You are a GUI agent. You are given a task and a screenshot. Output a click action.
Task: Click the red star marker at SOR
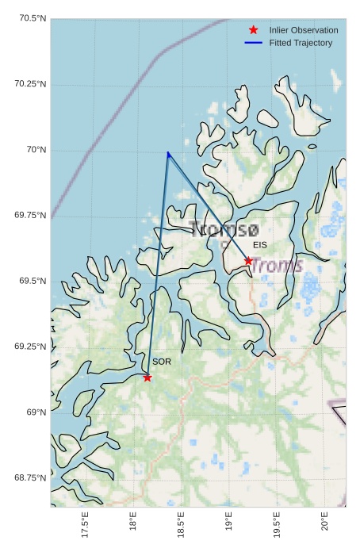(147, 378)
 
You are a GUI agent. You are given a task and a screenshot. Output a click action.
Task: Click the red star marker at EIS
(248, 261)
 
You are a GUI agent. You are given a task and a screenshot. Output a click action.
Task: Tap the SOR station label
(162, 362)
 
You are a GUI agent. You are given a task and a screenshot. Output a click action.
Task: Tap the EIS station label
(260, 246)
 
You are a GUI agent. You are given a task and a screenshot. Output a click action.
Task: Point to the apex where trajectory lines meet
(168, 153)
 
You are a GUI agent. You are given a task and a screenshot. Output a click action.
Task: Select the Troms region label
(277, 265)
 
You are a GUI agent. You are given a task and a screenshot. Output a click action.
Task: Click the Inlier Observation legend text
(304, 30)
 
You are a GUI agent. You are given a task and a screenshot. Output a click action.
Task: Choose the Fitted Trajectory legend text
(301, 43)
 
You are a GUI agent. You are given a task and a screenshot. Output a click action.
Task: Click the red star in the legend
(254, 30)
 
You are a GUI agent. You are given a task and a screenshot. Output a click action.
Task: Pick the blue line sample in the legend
(254, 43)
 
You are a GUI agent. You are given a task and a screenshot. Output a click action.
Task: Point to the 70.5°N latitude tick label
(31, 18)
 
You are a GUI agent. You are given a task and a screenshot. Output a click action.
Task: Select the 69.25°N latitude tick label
(31, 347)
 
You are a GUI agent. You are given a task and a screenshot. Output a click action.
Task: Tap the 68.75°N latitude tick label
(31, 477)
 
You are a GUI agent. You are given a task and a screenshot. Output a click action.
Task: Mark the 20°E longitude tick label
(324, 524)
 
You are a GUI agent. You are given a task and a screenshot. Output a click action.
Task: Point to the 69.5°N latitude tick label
(33, 281)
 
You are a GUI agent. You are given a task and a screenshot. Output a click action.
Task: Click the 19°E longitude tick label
(228, 524)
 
